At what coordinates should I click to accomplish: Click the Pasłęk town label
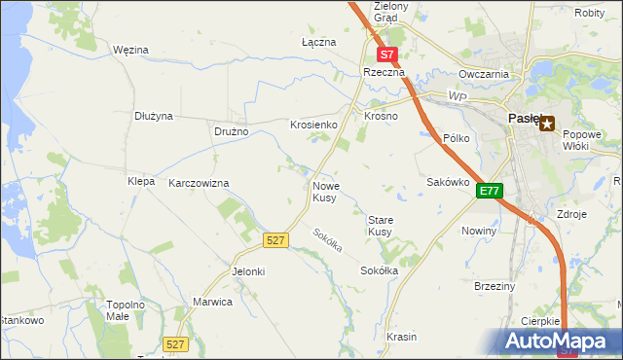tap(525, 118)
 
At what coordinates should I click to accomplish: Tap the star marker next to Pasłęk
tap(547, 124)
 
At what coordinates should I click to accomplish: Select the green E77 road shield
tap(489, 192)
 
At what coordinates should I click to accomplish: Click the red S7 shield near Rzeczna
tap(387, 56)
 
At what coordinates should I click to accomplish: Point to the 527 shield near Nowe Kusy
tap(275, 239)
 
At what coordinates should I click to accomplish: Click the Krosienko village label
tap(313, 126)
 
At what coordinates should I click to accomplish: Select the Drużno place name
tap(232, 131)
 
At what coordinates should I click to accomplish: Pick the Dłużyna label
tap(154, 116)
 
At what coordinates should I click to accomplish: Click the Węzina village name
tap(130, 49)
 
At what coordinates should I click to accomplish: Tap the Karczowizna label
tap(199, 183)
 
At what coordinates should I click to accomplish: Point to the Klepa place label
tap(141, 182)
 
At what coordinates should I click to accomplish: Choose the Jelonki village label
tap(248, 271)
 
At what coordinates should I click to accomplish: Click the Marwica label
tap(213, 302)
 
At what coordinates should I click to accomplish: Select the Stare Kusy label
tap(380, 226)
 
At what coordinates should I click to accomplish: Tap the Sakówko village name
tap(449, 182)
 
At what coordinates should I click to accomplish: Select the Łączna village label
tap(318, 43)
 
